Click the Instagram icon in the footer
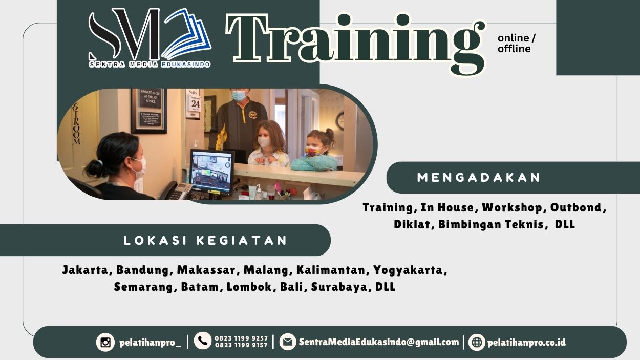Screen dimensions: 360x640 point(105,342)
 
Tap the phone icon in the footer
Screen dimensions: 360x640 point(203,341)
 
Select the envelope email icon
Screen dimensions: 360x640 point(287,342)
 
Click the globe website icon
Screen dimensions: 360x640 point(477,342)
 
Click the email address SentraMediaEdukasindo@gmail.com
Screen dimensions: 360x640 point(379,342)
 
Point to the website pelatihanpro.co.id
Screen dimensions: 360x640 point(526,343)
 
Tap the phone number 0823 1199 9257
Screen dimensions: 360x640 point(241,338)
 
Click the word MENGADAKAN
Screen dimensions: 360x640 point(479,178)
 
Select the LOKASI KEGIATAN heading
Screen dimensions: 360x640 point(206,240)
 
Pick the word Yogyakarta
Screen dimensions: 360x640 point(410,270)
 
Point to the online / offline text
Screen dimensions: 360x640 point(516,44)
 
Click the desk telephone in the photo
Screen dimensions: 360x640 point(176,191)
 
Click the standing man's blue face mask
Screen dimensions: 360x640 point(239,95)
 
